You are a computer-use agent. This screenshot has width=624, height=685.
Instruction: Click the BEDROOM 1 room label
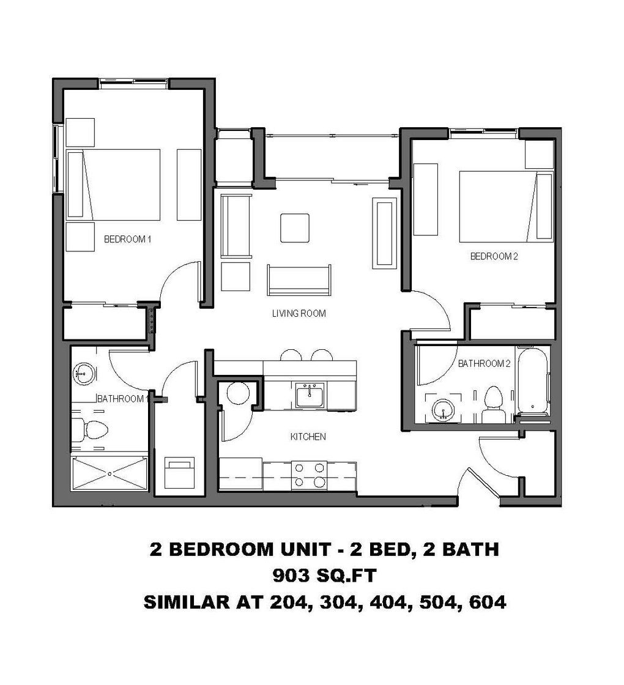pyautogui.click(x=127, y=239)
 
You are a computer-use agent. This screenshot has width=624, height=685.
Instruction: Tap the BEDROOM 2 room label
pyautogui.click(x=494, y=256)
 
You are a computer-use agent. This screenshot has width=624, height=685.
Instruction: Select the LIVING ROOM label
pyautogui.click(x=299, y=314)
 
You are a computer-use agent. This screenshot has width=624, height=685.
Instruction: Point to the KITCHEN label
pyautogui.click(x=307, y=437)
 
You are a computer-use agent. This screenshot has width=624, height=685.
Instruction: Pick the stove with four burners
pyautogui.click(x=309, y=475)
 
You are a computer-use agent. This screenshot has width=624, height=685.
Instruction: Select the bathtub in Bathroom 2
pyautogui.click(x=532, y=380)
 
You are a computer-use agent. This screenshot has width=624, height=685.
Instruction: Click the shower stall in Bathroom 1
pyautogui.click(x=110, y=473)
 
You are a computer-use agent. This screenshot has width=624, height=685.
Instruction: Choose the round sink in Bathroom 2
pyautogui.click(x=440, y=410)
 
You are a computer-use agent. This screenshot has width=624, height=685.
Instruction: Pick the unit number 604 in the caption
pyautogui.click(x=487, y=602)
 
